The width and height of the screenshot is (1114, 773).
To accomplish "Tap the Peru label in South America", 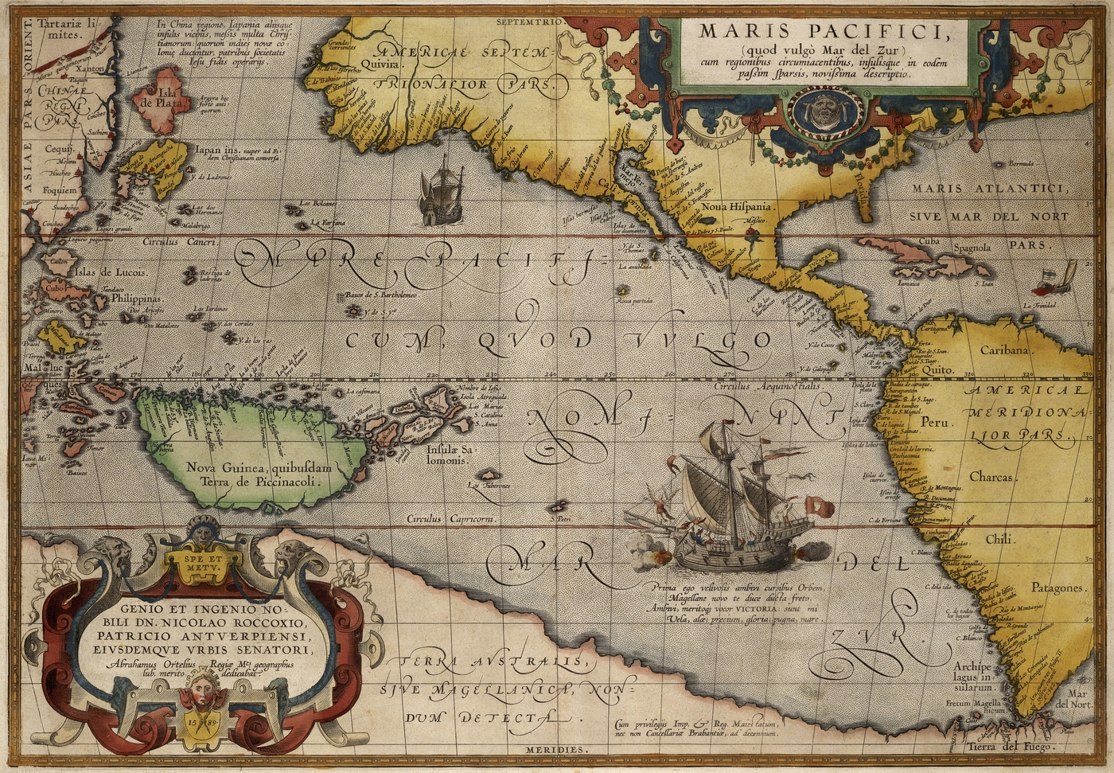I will click(x=937, y=423).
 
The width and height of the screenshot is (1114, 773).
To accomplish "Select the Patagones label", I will click(x=1058, y=588).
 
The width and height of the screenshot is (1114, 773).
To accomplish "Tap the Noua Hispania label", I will click(x=736, y=206).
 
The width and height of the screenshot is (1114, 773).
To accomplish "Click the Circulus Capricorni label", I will click(x=451, y=519).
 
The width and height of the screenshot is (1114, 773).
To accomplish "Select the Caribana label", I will click(x=1006, y=349).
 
